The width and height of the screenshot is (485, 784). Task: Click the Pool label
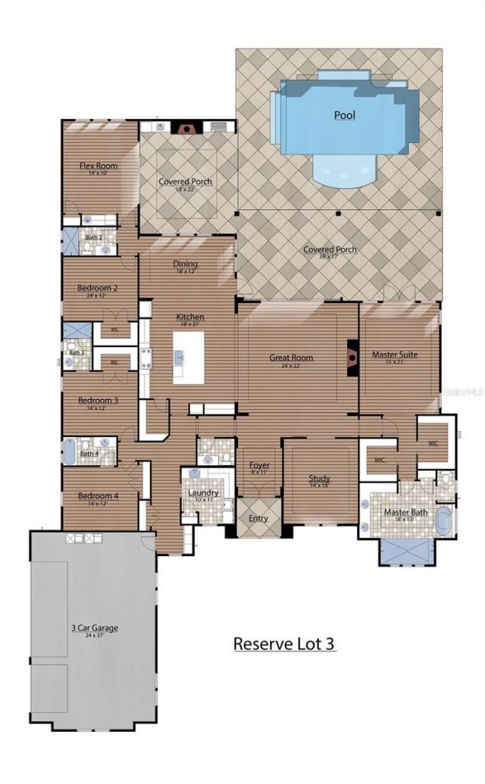click(345, 115)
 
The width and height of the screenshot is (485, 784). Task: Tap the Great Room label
click(292, 358)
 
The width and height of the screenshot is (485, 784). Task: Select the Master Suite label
click(395, 354)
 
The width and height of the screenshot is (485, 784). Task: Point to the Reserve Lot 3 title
click(283, 644)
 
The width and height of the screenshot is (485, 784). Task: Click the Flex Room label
click(99, 165)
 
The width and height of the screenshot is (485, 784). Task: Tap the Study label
click(319, 478)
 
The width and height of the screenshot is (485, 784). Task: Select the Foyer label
click(259, 465)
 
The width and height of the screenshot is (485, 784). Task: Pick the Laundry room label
click(203, 493)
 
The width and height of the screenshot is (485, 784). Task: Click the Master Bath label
click(405, 512)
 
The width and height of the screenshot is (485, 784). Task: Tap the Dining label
click(186, 264)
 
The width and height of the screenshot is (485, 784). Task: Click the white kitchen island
click(189, 357)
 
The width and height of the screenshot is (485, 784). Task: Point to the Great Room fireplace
click(352, 356)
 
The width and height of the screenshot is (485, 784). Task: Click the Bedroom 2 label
click(98, 288)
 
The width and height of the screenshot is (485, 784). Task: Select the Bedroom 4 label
click(98, 496)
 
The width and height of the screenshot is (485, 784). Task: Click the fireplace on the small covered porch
click(184, 128)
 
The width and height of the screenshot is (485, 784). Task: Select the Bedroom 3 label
click(98, 400)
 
